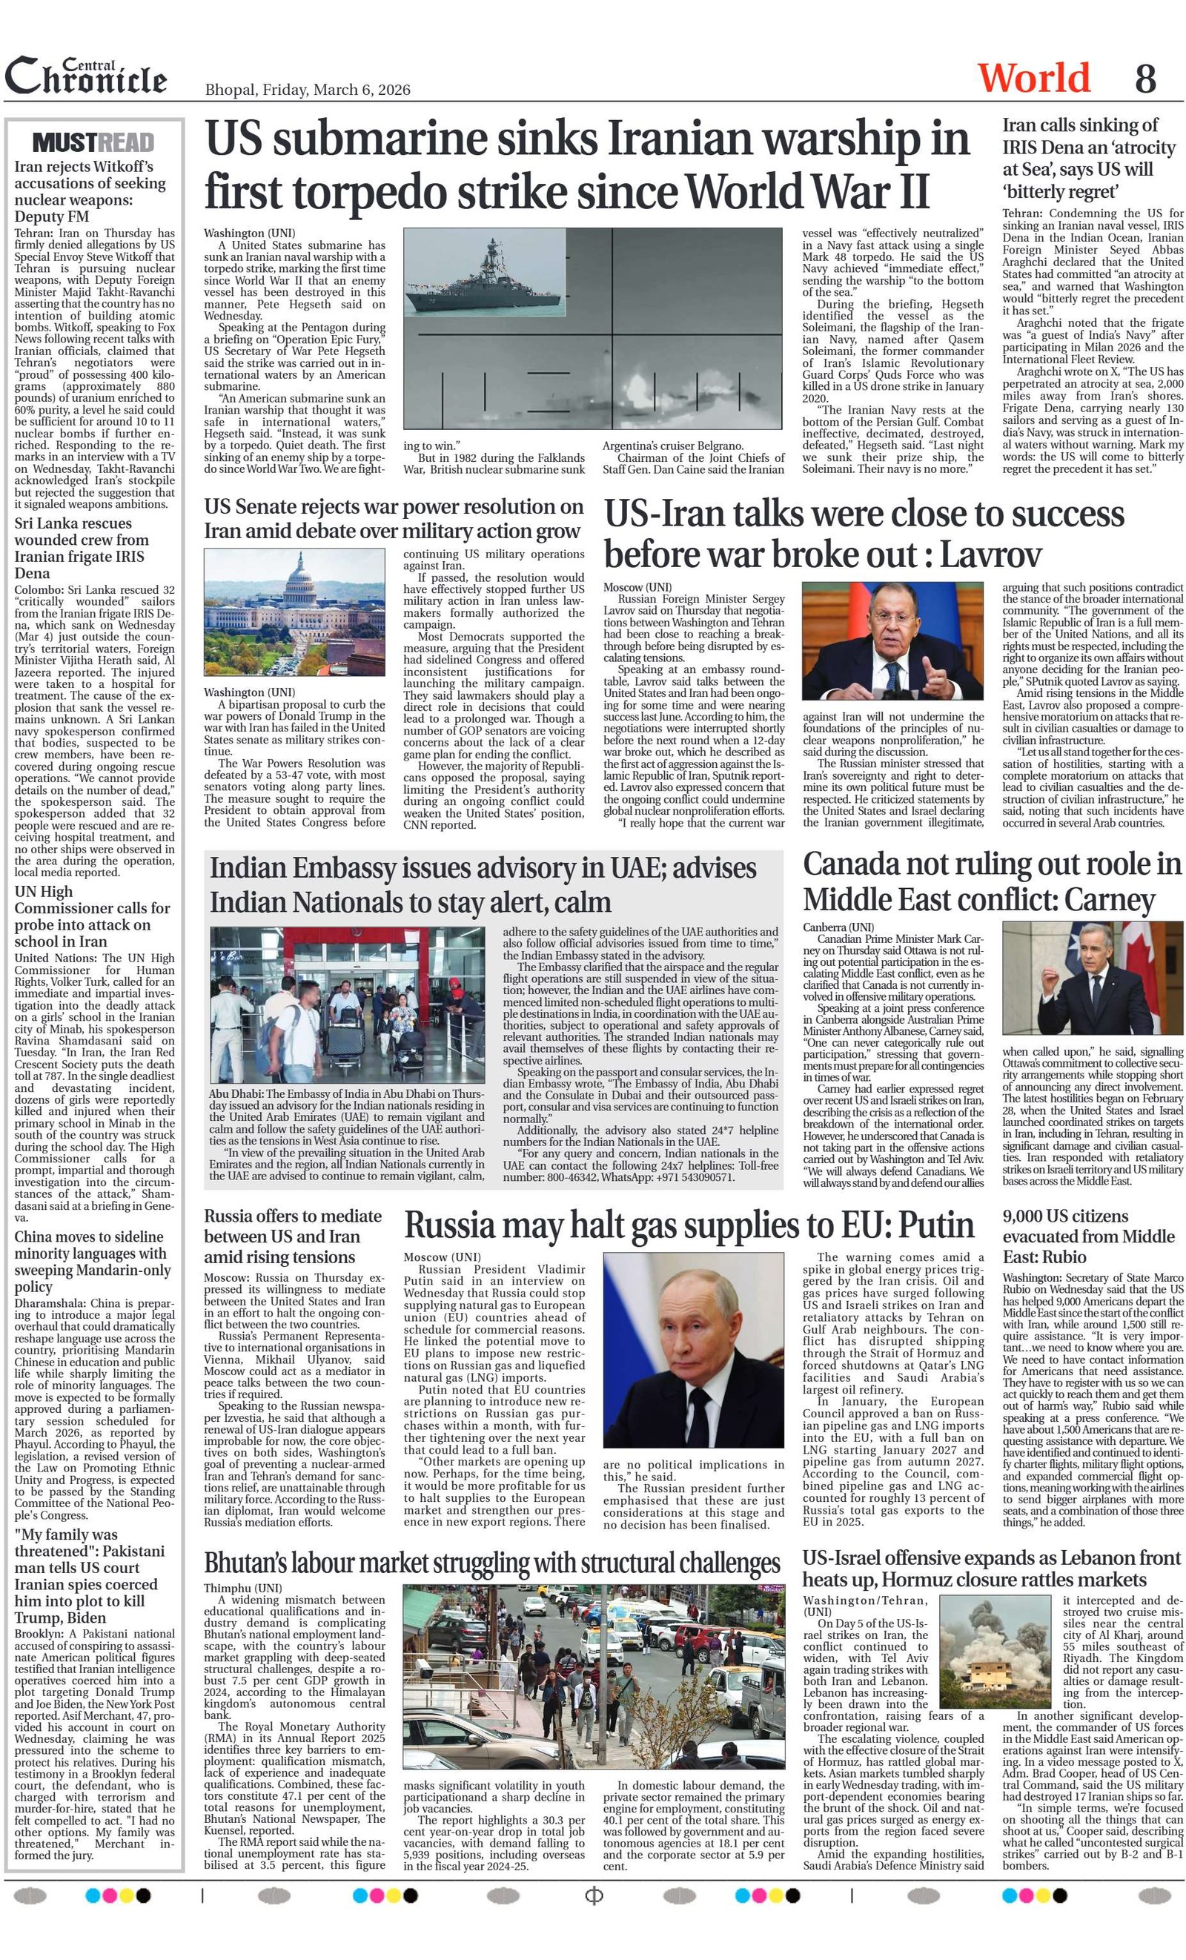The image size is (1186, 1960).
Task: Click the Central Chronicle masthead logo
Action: click(86, 77)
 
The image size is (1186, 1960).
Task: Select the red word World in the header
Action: click(1033, 78)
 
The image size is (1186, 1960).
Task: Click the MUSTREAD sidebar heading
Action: click(94, 143)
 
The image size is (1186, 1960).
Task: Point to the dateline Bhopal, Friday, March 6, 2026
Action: click(308, 90)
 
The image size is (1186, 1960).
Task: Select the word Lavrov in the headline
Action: click(990, 554)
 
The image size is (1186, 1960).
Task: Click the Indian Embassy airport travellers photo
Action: click(348, 1004)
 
